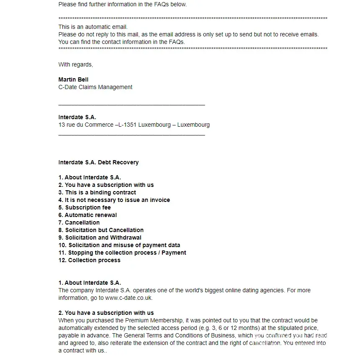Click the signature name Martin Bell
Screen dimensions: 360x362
click(73, 79)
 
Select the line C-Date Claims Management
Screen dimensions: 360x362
click(95, 87)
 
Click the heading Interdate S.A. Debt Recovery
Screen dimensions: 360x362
click(98, 162)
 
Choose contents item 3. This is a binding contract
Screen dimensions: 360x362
click(97, 192)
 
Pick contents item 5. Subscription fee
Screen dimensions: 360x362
click(85, 207)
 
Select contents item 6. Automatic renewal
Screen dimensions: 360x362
click(87, 215)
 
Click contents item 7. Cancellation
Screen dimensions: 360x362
click(79, 222)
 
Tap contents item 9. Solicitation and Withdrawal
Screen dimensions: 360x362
click(100, 237)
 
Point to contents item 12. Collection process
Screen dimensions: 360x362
click(90, 260)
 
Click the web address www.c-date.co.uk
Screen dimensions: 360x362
click(128, 298)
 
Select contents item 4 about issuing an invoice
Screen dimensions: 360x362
click(114, 200)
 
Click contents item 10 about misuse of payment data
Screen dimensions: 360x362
click(119, 245)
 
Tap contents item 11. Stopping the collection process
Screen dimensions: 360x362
click(122, 253)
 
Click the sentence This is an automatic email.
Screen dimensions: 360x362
click(93, 27)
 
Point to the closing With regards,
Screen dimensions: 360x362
click(76, 64)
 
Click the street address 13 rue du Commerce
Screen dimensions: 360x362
click(86, 125)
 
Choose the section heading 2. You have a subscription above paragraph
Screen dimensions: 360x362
click(106, 313)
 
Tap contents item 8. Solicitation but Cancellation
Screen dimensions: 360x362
click(101, 230)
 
